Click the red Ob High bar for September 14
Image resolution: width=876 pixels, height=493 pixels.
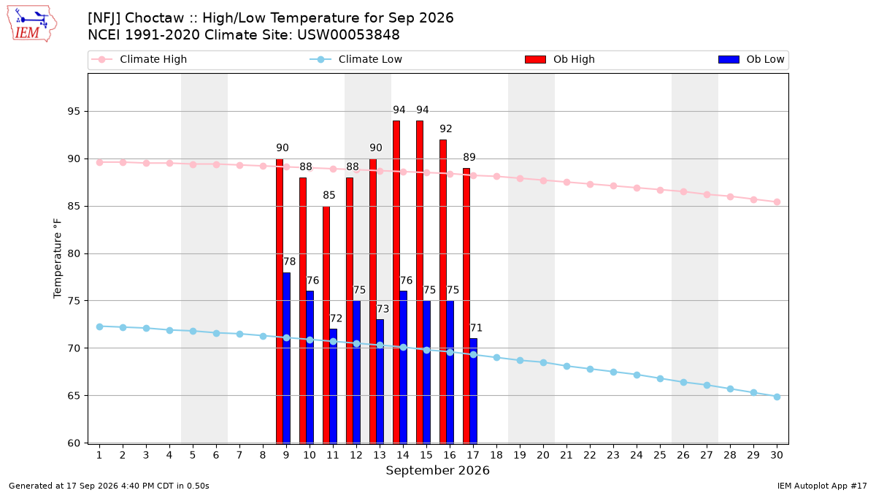pos(396,282)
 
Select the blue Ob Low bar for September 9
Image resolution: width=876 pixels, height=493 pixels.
pos(286,358)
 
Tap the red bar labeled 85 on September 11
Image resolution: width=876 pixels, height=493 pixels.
pos(326,325)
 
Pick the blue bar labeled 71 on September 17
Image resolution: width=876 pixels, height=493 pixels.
pos(473,391)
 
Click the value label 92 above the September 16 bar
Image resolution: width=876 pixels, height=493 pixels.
pos(445,129)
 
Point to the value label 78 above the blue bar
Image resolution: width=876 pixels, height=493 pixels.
pos(289,261)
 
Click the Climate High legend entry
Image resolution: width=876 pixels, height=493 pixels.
pos(139,59)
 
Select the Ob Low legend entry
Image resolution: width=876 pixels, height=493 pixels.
pos(751,59)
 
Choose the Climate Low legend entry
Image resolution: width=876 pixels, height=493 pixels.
pos(356,59)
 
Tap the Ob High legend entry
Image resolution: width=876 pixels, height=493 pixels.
pos(560,59)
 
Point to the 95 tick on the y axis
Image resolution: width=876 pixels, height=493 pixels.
pos(74,112)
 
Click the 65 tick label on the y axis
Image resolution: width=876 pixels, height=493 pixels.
pos(74,396)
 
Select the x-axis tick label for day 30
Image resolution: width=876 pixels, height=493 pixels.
pos(777,455)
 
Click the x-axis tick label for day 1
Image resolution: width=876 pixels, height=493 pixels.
pos(99,455)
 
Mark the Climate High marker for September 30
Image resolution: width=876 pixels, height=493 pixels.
pos(777,202)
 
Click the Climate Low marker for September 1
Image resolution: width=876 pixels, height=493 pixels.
pos(99,326)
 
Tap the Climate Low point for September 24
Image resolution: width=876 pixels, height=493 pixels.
pos(637,375)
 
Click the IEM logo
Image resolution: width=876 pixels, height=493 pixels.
pos(31,23)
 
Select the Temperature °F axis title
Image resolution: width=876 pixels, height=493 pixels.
pos(58,259)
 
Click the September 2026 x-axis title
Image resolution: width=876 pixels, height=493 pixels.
pos(437,470)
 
